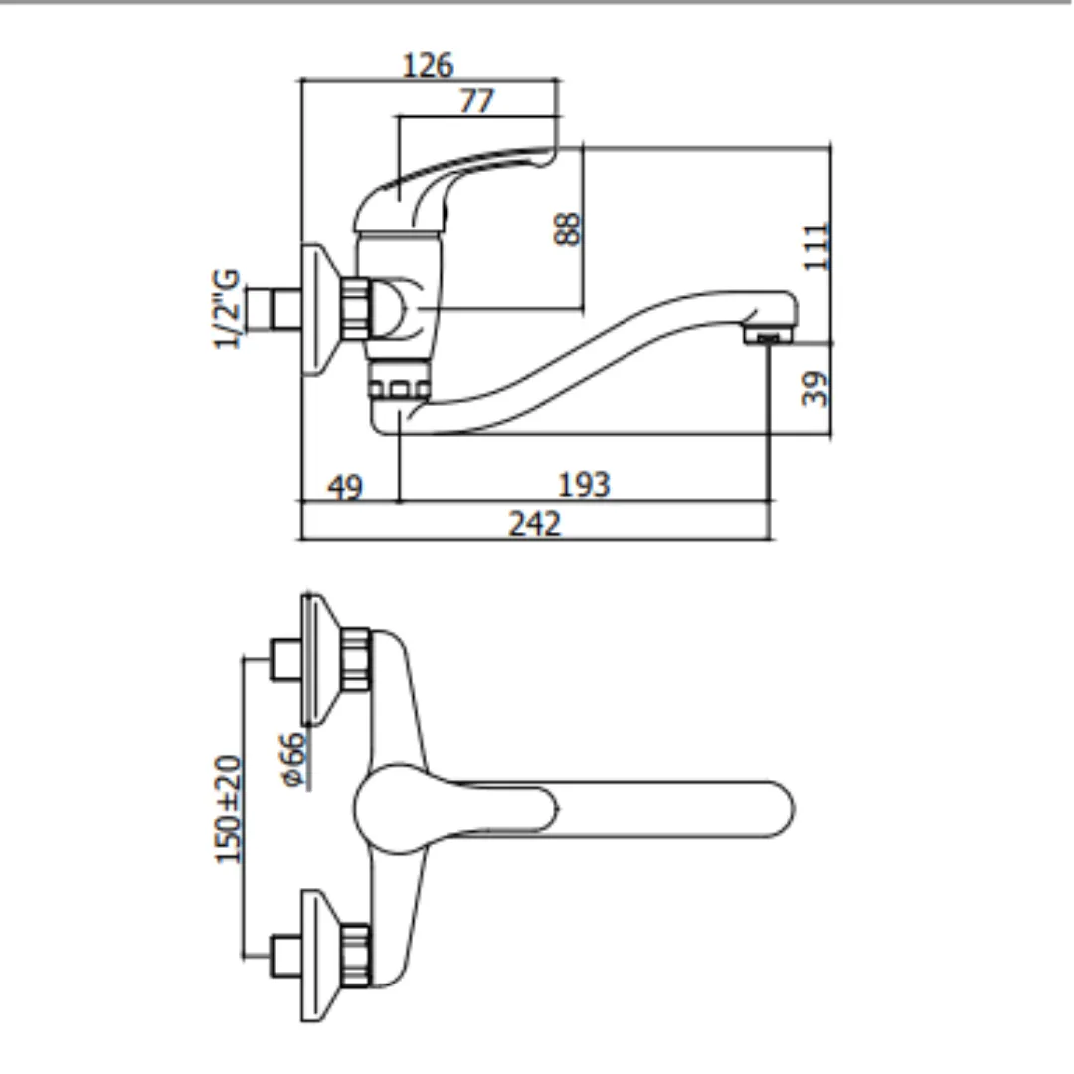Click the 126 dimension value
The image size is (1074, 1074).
click(x=428, y=65)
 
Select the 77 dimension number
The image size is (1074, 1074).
click(x=476, y=100)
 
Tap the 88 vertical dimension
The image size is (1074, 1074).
click(x=567, y=228)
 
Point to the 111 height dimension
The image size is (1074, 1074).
click(x=816, y=247)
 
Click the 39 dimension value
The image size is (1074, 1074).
click(x=815, y=389)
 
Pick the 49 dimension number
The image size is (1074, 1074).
click(x=344, y=487)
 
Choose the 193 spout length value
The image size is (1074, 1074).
click(x=584, y=485)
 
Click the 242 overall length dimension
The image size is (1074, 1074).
click(x=534, y=524)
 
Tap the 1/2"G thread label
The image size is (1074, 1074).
click(x=227, y=309)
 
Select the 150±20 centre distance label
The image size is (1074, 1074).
click(x=229, y=808)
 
